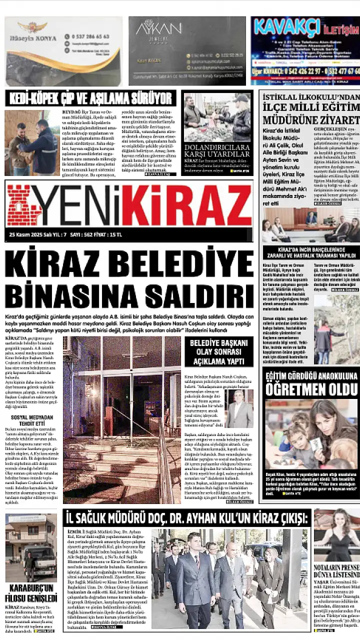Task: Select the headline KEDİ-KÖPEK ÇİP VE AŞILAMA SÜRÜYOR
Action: tap(90, 98)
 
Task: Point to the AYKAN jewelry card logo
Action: tap(158, 27)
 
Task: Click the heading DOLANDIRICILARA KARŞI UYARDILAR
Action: tap(217, 151)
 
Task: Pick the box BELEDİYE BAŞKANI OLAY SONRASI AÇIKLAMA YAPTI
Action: tap(219, 351)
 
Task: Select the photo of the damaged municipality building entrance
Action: tap(121, 420)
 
